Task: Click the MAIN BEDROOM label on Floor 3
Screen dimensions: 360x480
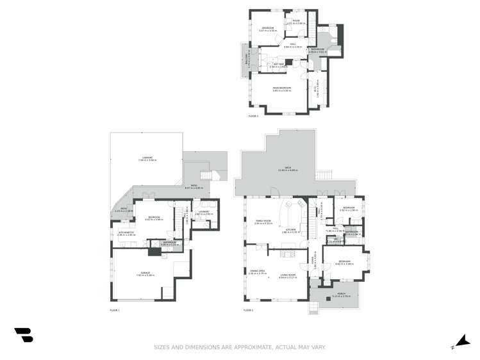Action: pos(281,88)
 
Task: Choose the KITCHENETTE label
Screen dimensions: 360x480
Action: pos(127,233)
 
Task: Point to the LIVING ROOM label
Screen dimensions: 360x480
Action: pos(287,275)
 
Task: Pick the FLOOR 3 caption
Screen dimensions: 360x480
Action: pos(253,116)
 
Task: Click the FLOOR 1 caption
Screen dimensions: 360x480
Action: pos(115,310)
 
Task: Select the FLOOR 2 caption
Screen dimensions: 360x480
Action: pos(248,310)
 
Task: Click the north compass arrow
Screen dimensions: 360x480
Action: pos(460,341)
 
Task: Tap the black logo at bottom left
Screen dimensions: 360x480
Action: pos(24,334)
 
